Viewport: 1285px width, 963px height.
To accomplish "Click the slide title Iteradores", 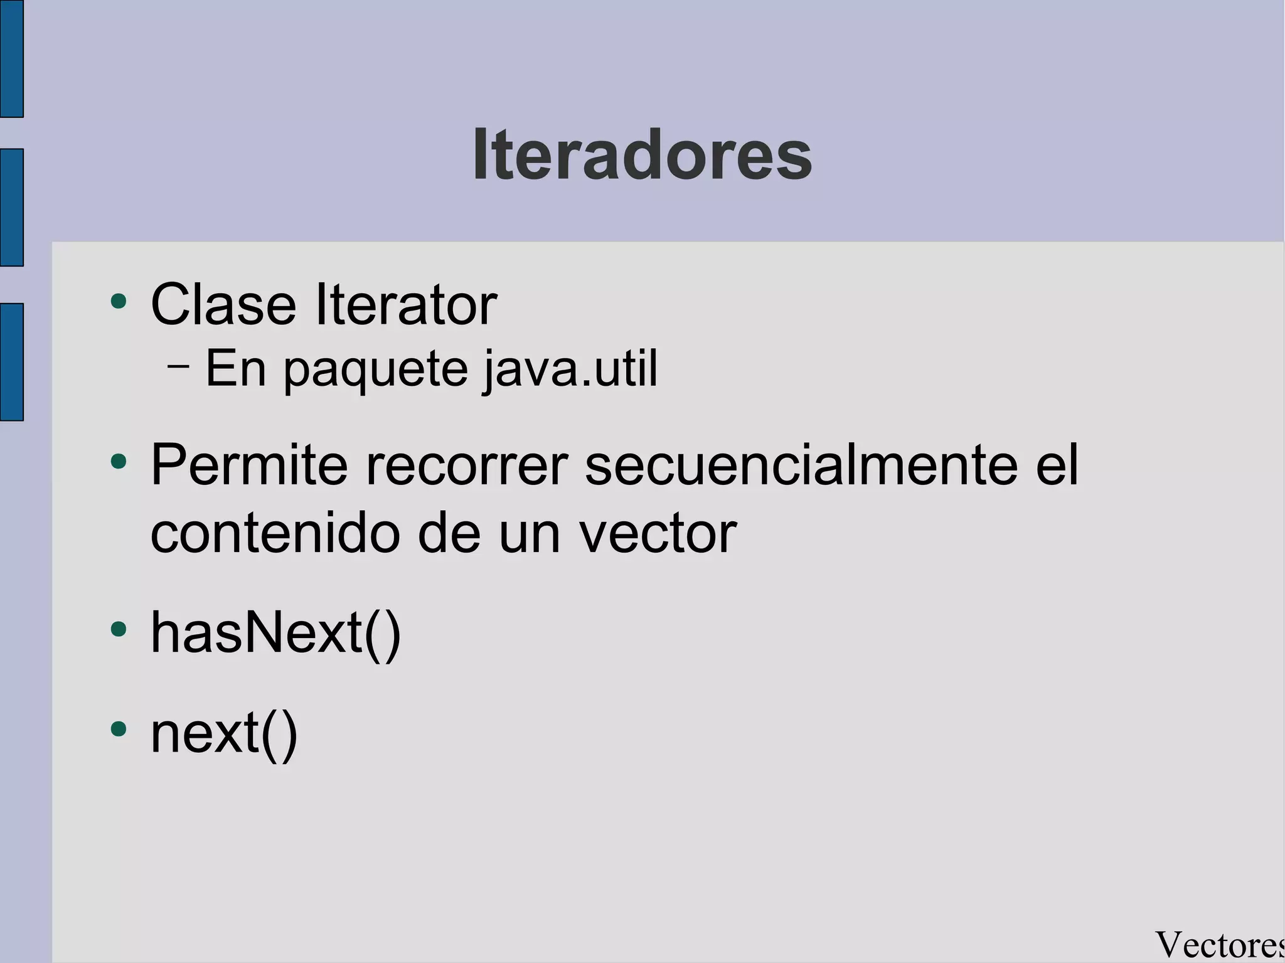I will click(641, 155).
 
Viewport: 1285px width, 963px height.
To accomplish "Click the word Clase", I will click(223, 305).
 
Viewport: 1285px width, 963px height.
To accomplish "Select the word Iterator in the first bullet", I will click(406, 305).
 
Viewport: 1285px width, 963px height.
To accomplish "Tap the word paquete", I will click(376, 370).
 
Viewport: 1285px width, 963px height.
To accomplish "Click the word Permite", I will click(249, 466).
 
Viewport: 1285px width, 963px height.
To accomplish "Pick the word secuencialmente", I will click(801, 466).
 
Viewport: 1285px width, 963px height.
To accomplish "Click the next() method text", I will click(224, 733).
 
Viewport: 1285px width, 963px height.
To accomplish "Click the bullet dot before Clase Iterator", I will click(118, 302).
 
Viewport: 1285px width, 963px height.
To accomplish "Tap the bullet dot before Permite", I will click(118, 463).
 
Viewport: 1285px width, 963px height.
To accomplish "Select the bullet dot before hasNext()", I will click(118, 629).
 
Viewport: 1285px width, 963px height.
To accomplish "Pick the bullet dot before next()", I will click(118, 729).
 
